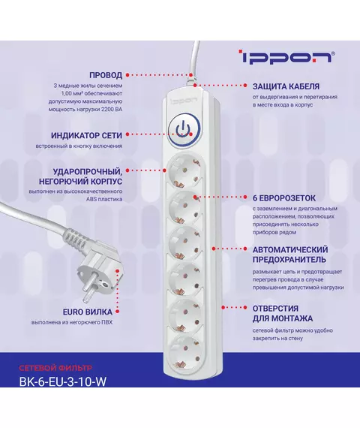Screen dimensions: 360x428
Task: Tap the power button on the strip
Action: pyautogui.click(x=184, y=129)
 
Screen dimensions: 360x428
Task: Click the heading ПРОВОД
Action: pyautogui.click(x=106, y=75)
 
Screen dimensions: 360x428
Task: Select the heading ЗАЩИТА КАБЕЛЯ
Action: pyautogui.click(x=286, y=86)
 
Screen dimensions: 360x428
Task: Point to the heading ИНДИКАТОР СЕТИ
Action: pyautogui.click(x=86, y=135)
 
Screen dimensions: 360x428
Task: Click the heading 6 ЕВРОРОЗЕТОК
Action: pyautogui.click(x=284, y=198)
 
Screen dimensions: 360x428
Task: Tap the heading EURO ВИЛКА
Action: pyautogui.click(x=88, y=312)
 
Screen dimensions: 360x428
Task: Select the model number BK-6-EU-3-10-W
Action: pyautogui.click(x=63, y=381)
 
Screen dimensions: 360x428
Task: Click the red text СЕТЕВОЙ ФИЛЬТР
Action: pyautogui.click(x=55, y=368)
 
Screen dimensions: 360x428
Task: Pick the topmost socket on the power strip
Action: pyautogui.click(x=184, y=171)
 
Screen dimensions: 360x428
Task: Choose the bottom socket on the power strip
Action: pyautogui.click(x=184, y=351)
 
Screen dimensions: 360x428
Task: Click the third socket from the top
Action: pyautogui.click(x=184, y=243)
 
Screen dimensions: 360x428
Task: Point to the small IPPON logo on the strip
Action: pyautogui.click(x=184, y=101)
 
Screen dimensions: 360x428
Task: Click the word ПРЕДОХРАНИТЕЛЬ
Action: pyautogui.click(x=289, y=259)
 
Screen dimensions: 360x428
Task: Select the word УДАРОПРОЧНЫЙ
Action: pyautogui.click(x=88, y=172)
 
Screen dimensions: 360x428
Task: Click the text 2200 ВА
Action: pyautogui.click(x=112, y=110)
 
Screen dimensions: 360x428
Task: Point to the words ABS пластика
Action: pyautogui.click(x=104, y=199)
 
